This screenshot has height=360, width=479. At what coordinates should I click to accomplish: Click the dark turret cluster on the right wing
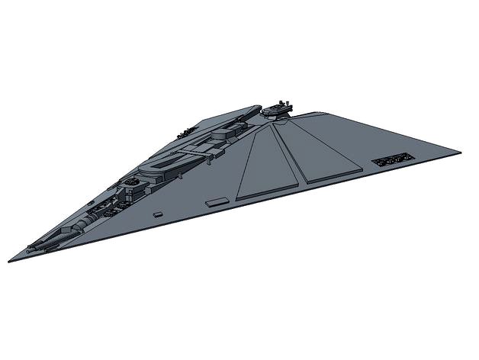coord(391,161)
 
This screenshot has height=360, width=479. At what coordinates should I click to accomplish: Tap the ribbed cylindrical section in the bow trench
coord(86,221)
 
